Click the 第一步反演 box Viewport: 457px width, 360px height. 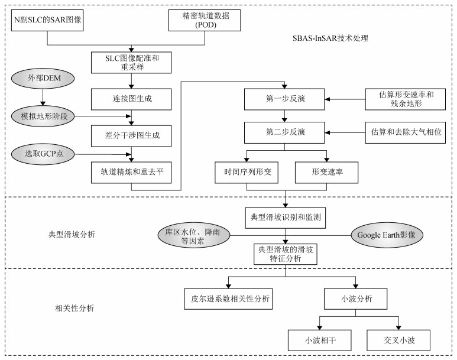[286, 98]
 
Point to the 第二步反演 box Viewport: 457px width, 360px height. [286, 131]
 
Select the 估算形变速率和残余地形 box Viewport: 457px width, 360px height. [405, 98]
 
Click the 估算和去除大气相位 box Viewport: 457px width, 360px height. [405, 131]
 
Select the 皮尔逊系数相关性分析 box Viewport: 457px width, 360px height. [227, 299]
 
